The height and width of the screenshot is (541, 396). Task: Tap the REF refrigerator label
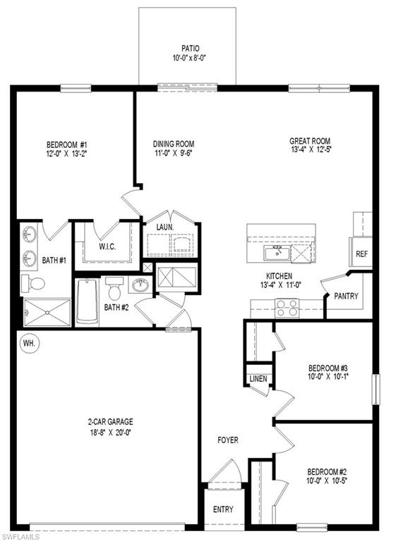(x=361, y=254)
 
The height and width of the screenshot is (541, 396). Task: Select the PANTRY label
(x=346, y=297)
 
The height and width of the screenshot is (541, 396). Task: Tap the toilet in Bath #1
(x=33, y=283)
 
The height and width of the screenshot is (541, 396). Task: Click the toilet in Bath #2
(x=113, y=290)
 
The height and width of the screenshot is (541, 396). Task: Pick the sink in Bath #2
(x=140, y=285)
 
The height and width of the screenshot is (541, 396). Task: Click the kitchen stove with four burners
(x=288, y=307)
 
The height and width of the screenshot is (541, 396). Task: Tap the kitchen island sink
(x=273, y=252)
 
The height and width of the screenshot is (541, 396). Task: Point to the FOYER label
(x=227, y=440)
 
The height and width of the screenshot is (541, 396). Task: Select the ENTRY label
(x=223, y=509)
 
